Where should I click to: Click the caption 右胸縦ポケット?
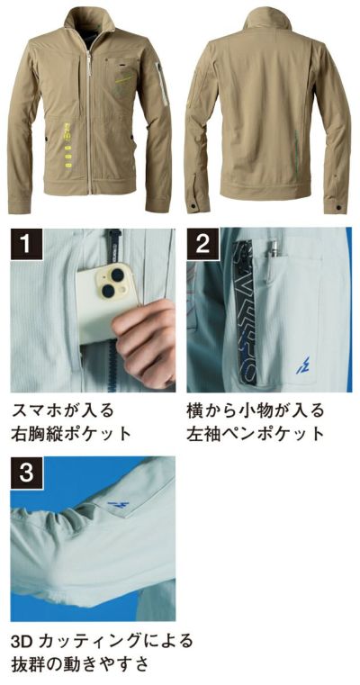pyautogui.click(x=71, y=434)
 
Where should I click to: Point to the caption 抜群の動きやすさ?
pyautogui.click(x=80, y=665)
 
